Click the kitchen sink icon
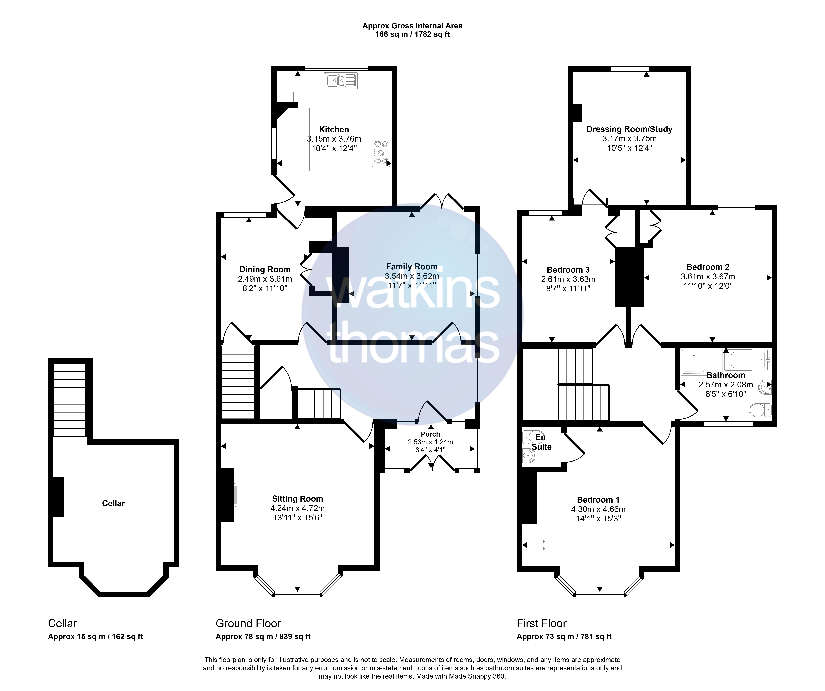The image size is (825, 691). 341,81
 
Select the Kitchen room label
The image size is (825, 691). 334,129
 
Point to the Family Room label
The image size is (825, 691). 412,267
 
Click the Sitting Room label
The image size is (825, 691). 297,499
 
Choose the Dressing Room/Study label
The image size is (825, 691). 629,129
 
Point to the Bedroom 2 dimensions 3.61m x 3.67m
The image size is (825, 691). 708,277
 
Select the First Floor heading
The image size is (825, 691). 541,623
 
